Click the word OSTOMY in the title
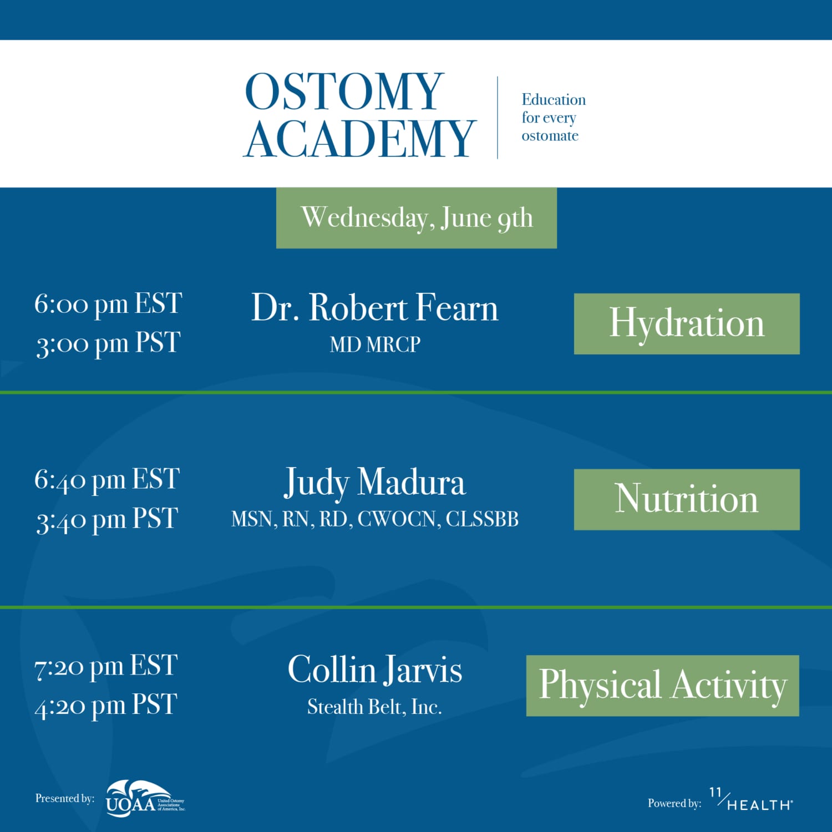click(344, 92)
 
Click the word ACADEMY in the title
click(359, 139)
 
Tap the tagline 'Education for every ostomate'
click(552, 118)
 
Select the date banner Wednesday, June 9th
click(417, 218)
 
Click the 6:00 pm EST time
click(108, 304)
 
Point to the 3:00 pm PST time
click(108, 344)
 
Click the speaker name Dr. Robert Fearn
click(375, 308)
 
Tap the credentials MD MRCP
click(375, 344)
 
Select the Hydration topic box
click(687, 324)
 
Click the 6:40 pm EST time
click(107, 479)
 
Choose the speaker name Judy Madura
click(375, 483)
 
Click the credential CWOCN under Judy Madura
click(399, 519)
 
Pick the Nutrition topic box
click(687, 499)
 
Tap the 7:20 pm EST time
click(106, 666)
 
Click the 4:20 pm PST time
click(106, 706)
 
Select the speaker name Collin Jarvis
click(375, 669)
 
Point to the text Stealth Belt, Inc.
click(375, 707)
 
